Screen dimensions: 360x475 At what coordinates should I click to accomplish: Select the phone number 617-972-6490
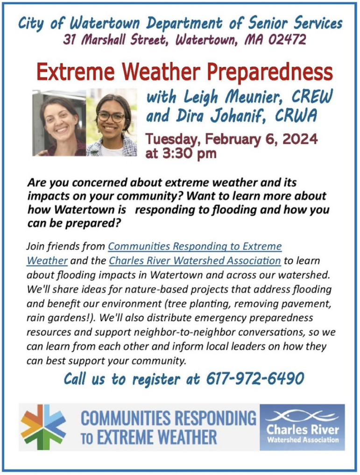click(x=255, y=379)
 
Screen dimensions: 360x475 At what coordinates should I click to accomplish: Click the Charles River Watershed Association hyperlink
click(x=195, y=261)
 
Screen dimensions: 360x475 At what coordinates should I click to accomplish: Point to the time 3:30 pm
click(x=181, y=153)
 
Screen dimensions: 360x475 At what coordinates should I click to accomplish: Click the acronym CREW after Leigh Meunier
click(x=312, y=97)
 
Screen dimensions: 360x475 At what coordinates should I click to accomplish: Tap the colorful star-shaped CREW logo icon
click(x=43, y=427)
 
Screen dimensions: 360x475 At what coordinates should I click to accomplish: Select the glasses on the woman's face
click(x=111, y=117)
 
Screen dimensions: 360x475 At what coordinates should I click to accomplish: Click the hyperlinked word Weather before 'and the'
click(x=47, y=261)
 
